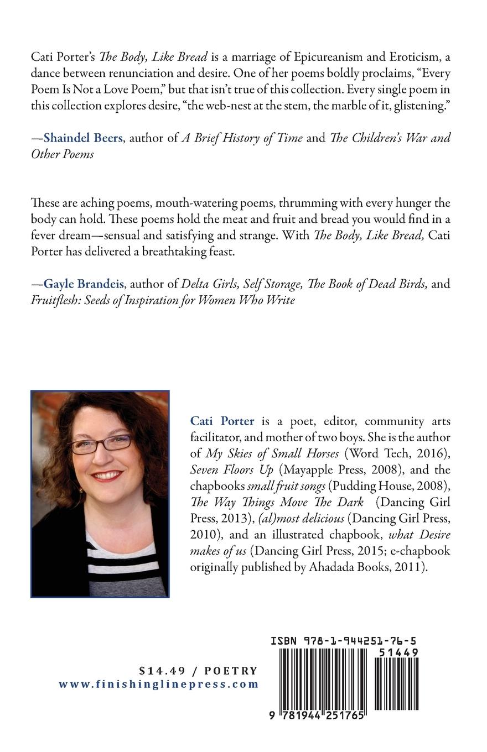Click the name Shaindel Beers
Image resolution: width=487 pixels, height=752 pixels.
(83, 138)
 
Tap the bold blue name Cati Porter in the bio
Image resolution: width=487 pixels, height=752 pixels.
(222, 421)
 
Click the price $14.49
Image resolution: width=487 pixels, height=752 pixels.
(161, 671)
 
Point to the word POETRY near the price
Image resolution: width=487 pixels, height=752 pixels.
(231, 671)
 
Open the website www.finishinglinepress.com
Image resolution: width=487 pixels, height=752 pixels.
(159, 684)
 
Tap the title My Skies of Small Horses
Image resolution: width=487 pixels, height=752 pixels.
(272, 454)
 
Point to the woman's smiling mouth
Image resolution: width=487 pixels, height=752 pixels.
(107, 476)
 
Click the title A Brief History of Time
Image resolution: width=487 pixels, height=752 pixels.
(242, 138)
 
